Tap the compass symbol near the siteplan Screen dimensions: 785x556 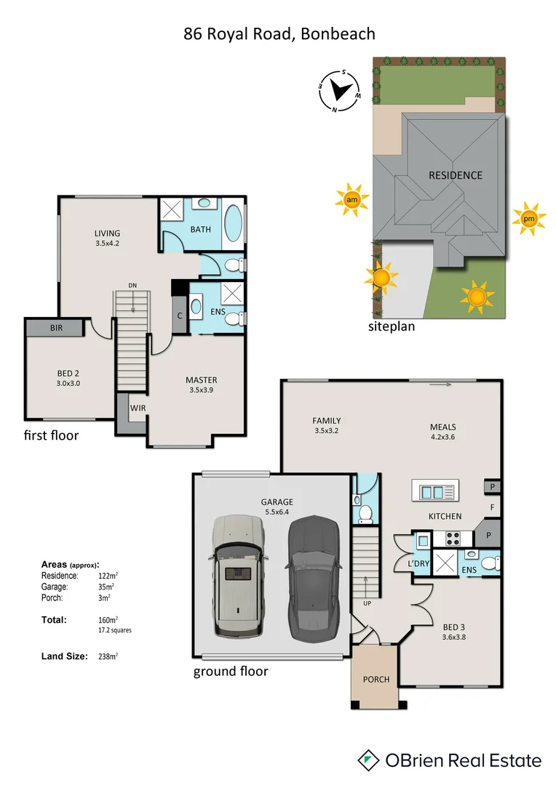[339, 91]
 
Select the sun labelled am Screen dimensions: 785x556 [352, 200]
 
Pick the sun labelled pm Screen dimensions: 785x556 [528, 219]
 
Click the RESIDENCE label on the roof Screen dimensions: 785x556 [455, 175]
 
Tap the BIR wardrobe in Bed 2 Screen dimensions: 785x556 [57, 329]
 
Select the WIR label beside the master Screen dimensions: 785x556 [138, 408]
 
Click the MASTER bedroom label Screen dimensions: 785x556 [201, 380]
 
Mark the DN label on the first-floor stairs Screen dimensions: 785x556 [132, 286]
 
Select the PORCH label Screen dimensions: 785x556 [376, 680]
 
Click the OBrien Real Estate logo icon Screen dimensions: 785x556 [370, 760]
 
